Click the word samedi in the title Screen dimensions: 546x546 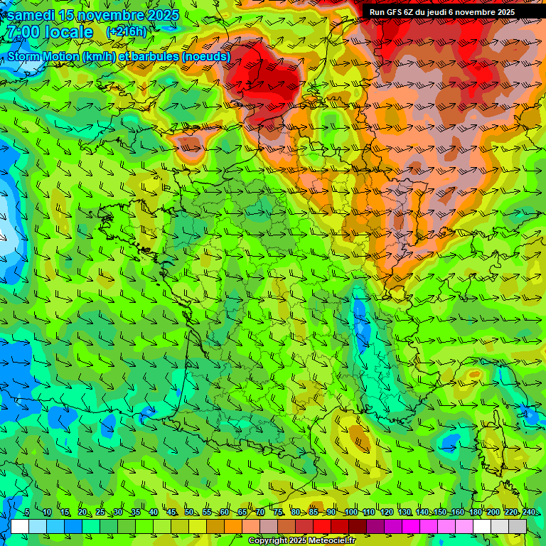tap(29, 15)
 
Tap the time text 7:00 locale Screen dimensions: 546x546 tap(50, 32)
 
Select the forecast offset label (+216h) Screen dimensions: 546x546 tap(126, 31)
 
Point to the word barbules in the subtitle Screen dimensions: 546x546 tap(157, 56)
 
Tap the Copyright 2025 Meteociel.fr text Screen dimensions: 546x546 tap(302, 540)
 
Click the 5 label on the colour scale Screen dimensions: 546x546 tap(27, 513)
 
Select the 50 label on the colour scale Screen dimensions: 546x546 tap(188, 513)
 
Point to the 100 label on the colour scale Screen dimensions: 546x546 tap(350, 513)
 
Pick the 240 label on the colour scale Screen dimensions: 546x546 tap(528, 513)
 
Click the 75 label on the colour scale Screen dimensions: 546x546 tap(278, 513)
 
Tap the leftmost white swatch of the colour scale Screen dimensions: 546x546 tap(20, 526)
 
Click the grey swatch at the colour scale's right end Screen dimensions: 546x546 tap(518, 526)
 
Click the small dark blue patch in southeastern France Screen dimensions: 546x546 tap(360, 319)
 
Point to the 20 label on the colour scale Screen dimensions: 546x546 tap(82, 513)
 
